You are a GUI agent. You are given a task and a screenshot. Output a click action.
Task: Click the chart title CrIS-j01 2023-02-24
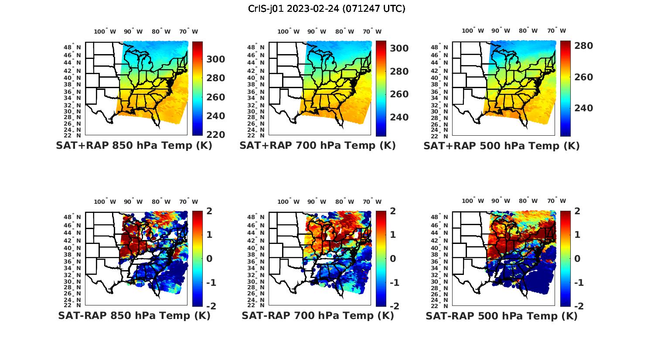[x=327, y=8]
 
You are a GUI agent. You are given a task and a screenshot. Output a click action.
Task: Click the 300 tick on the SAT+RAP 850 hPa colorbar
[x=215, y=59]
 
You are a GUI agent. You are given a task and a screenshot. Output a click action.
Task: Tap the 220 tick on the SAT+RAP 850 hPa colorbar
[x=215, y=135]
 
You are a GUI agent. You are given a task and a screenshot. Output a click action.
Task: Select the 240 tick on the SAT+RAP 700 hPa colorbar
[x=399, y=117]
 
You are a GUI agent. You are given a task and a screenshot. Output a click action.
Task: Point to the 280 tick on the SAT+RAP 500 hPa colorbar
[x=583, y=46]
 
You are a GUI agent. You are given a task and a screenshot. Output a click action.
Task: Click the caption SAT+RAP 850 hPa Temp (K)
[x=134, y=146]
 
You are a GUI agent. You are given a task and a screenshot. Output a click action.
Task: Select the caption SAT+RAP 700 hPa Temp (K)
[x=317, y=146]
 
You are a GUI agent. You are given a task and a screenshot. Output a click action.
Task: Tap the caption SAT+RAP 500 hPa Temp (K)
[x=501, y=146]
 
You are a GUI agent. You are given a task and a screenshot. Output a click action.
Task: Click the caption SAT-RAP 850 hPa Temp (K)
[x=134, y=315]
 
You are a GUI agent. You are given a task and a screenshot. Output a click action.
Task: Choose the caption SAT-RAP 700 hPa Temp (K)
[x=317, y=315]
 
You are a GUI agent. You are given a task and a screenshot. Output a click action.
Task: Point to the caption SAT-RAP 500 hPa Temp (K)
[x=501, y=315]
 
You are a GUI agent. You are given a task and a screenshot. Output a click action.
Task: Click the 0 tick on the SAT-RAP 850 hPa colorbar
[x=209, y=258]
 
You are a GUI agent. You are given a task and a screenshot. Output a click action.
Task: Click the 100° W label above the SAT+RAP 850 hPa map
[x=105, y=31]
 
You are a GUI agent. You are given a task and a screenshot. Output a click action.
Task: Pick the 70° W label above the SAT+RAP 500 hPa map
[x=557, y=31]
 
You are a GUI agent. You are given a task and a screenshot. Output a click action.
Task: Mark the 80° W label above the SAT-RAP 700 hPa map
[x=344, y=202]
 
